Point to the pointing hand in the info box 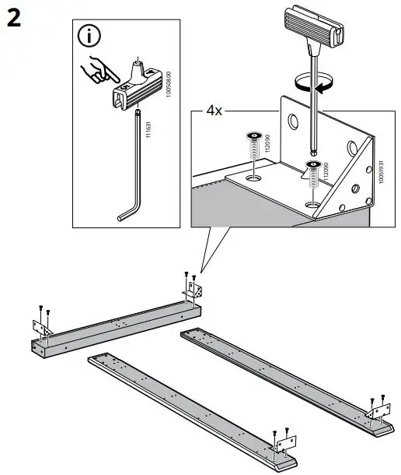[99, 71]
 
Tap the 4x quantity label [214, 111]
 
